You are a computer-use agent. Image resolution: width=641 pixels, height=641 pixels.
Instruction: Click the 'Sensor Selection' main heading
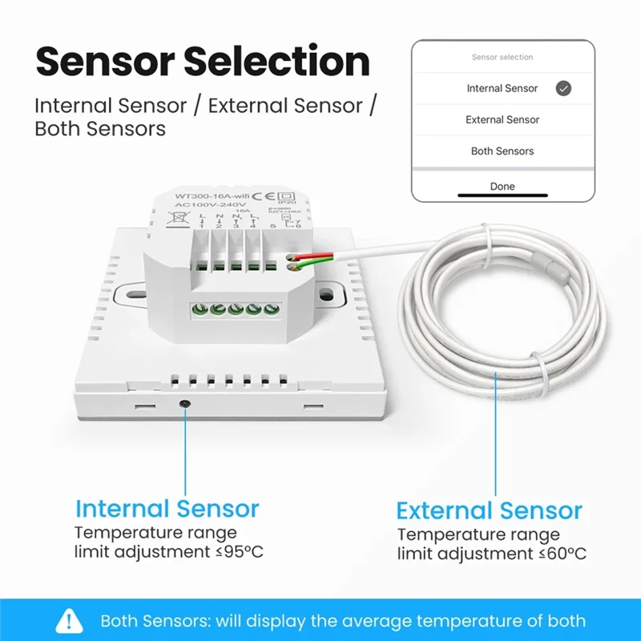coord(202,62)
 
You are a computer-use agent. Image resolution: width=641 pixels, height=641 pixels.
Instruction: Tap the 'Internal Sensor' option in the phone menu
coord(502,88)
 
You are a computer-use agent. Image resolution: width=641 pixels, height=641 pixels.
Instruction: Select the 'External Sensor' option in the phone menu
coord(502,119)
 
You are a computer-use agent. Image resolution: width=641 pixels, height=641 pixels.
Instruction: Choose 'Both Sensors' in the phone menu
coord(502,151)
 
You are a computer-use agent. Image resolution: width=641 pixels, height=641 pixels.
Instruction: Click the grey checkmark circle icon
coord(563,88)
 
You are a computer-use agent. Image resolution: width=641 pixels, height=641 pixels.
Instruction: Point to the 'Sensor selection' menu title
coord(502,58)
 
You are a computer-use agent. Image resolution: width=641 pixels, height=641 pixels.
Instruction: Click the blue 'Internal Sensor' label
coord(167,509)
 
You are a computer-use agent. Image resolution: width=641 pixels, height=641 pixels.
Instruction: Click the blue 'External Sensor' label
coord(489,511)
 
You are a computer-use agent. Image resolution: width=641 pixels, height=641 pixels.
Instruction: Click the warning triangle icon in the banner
coord(70,621)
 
